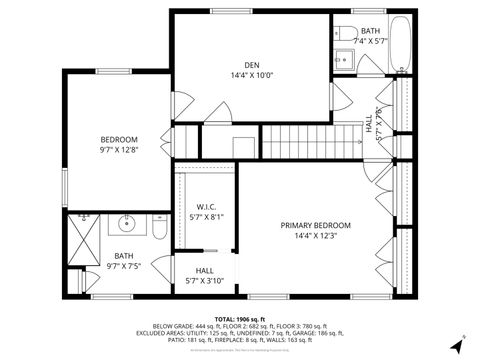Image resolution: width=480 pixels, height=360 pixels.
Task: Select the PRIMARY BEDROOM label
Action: pyautogui.click(x=316, y=224)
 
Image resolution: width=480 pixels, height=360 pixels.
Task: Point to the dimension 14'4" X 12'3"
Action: pyautogui.click(x=316, y=236)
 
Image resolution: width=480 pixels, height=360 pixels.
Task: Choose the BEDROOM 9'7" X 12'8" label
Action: pyautogui.click(x=118, y=139)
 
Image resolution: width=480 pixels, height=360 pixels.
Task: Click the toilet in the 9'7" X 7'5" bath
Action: pyautogui.click(x=159, y=228)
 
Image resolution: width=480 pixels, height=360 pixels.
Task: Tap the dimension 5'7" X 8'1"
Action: pyautogui.click(x=206, y=216)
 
